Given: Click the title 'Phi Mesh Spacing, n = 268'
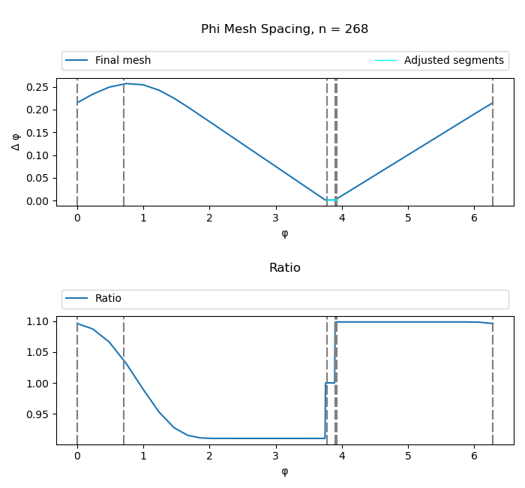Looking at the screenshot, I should pos(284,29).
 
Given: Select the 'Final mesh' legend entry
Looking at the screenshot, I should pos(122,61).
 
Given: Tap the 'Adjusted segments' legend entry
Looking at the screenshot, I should pos(454,61).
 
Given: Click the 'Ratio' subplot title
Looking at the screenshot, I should pos(284,268).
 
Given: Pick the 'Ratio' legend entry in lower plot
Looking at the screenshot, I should pos(108,299).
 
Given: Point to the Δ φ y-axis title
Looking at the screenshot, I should pos(16,141).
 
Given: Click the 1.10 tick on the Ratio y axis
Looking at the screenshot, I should pos(37,321).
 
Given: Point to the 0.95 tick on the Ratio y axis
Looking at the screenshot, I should pos(37,414).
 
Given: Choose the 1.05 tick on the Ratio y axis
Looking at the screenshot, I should pos(37,352).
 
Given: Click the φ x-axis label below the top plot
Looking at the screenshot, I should pos(284,233).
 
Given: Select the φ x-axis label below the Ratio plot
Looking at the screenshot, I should pos(284,471).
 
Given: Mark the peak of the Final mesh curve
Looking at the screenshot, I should pos(127,83).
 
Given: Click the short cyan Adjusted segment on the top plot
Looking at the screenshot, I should pos(331,200).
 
